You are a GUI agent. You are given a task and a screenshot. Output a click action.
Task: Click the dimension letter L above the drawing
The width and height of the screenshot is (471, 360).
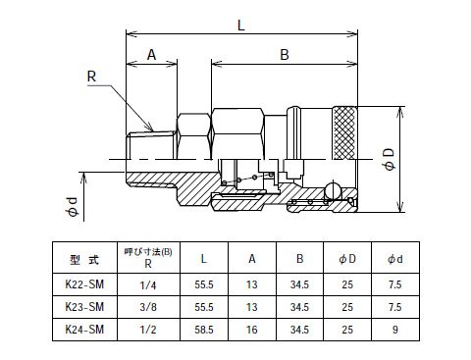click(x=240, y=26)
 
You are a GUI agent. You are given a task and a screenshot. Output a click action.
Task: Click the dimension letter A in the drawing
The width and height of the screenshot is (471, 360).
click(x=151, y=55)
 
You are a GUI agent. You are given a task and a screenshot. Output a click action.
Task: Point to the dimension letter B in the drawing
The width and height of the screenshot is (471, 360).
click(x=285, y=55)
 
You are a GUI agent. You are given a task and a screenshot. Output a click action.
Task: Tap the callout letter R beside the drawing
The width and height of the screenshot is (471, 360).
click(x=91, y=77)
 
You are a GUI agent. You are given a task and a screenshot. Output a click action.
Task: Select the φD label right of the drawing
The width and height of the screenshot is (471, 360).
click(x=390, y=160)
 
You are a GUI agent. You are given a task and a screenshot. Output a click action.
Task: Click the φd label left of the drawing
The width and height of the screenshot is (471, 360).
click(x=73, y=207)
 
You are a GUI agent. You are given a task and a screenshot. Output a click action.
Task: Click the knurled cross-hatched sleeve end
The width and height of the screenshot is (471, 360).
click(x=344, y=133)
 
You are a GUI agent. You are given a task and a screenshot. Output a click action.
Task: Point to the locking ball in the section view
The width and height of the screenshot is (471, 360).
click(x=333, y=190)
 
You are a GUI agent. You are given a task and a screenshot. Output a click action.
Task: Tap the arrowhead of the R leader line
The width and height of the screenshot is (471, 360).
click(x=150, y=128)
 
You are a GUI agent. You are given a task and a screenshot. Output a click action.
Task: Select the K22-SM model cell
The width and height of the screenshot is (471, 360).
click(x=84, y=284)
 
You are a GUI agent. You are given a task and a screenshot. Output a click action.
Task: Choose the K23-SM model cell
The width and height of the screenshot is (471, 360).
click(x=84, y=307)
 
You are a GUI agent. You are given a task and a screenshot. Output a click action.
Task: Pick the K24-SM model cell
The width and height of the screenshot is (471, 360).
click(x=84, y=330)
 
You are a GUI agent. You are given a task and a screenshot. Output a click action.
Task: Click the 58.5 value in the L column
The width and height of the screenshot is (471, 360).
click(x=204, y=330)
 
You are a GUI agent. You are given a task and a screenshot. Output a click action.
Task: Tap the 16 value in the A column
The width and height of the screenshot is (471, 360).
click(x=252, y=330)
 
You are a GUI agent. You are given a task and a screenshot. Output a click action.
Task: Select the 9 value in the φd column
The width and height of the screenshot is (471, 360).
click(x=395, y=330)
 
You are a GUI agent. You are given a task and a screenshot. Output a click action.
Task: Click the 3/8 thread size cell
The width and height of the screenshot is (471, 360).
click(x=148, y=307)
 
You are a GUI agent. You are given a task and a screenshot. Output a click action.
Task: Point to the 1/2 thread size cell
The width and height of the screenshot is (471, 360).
click(x=148, y=330)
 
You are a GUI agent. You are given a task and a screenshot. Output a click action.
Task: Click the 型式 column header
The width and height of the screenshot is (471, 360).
click(x=84, y=260)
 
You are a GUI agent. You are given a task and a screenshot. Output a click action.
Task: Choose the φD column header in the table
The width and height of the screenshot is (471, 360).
click(x=347, y=259)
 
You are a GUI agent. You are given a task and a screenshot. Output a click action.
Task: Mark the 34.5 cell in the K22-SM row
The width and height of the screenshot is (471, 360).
click(x=299, y=284)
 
